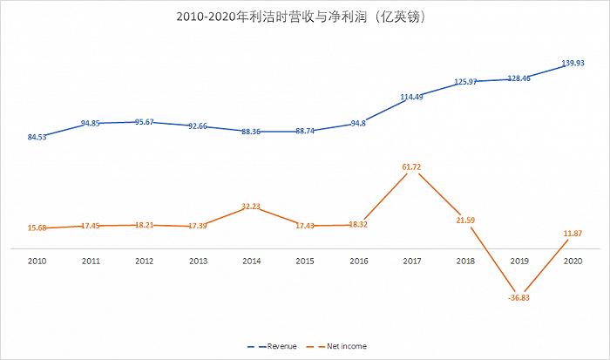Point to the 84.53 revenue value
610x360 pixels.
(37, 138)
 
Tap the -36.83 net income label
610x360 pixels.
(519, 298)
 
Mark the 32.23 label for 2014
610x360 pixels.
(251, 206)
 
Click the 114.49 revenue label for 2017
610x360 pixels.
(412, 97)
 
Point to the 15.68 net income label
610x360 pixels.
(37, 228)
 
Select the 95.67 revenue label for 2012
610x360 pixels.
(145, 122)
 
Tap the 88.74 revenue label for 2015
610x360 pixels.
(305, 132)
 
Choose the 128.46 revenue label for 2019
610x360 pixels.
(519, 78)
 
